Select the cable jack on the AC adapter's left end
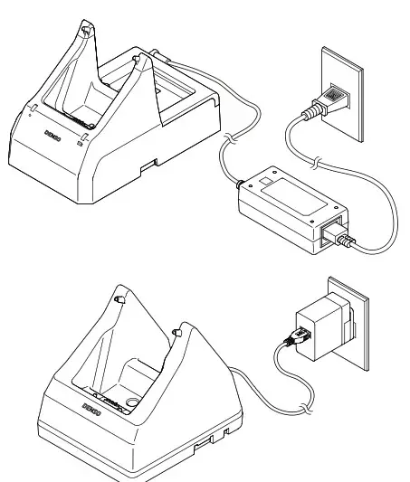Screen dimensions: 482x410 point(242,187)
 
